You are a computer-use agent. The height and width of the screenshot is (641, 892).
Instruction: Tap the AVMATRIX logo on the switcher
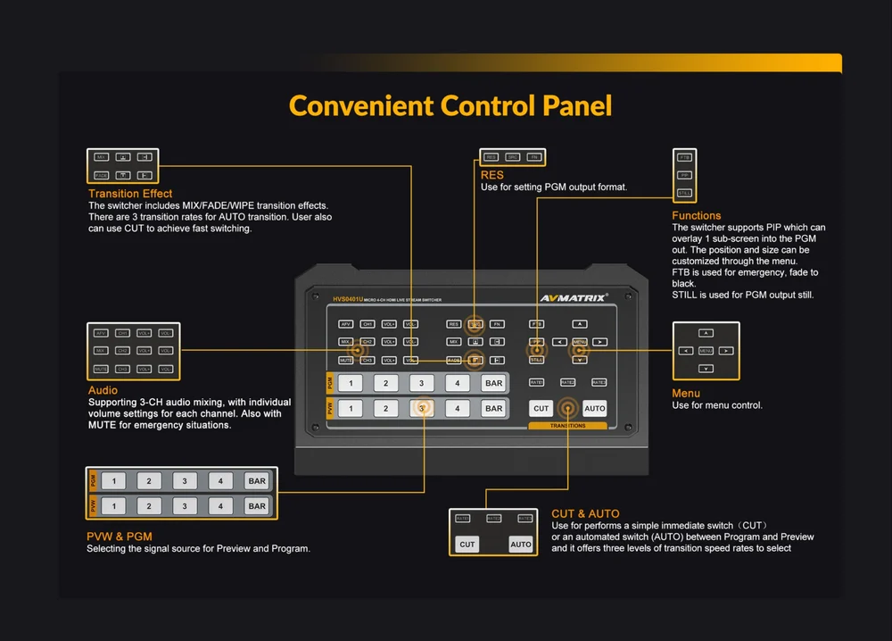573,298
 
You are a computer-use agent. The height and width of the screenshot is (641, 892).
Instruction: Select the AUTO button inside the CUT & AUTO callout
521,544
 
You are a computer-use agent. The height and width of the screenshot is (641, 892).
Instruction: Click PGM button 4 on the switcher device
458,383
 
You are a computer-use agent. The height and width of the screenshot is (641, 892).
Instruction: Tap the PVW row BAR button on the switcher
493,408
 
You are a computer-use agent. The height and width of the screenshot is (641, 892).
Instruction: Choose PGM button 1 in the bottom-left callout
113,481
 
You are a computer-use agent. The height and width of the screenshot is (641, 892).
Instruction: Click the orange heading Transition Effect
130,194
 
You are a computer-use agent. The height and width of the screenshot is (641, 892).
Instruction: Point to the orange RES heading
492,176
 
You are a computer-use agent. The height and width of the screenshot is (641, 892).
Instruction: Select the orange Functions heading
697,216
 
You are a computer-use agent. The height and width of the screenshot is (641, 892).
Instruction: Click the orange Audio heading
103,391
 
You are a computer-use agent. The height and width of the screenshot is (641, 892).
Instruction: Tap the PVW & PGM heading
120,537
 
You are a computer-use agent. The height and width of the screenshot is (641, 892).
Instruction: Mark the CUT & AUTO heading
585,514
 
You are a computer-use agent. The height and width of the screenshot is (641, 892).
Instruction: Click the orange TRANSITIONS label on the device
568,426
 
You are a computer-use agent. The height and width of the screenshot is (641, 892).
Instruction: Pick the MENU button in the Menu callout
706,351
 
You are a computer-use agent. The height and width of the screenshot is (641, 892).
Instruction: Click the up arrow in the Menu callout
706,333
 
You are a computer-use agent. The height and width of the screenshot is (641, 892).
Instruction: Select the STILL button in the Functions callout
684,193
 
